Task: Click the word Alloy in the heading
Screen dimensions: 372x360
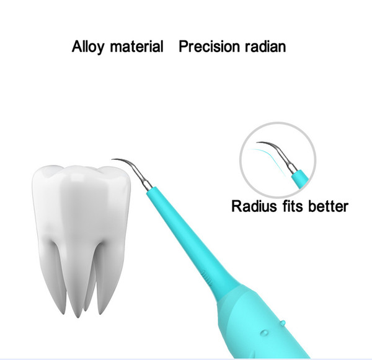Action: (x=87, y=46)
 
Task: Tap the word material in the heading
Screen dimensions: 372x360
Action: (x=136, y=46)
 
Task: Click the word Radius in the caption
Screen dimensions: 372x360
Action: (x=254, y=206)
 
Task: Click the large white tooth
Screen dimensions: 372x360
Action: (x=81, y=227)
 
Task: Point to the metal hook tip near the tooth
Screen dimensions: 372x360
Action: (x=112, y=160)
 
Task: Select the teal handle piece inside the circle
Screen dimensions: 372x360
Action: (x=300, y=179)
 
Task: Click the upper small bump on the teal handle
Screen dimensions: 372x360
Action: (x=282, y=323)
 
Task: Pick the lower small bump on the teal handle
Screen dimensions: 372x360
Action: (x=264, y=333)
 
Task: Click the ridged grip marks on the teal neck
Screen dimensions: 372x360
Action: (x=207, y=279)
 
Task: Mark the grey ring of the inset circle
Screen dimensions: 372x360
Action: (x=241, y=160)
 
